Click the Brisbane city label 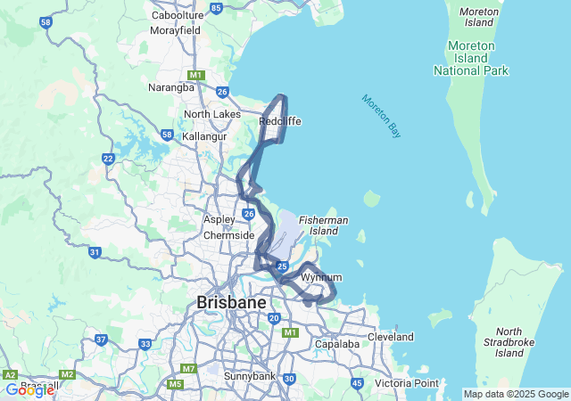point(231,303)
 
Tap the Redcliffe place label point(279,121)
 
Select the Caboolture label point(178,15)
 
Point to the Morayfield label point(175,29)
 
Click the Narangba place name point(171,87)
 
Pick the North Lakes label point(211,114)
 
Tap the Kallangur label point(205,136)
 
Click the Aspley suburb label point(219,219)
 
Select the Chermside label point(229,235)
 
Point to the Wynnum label point(321,277)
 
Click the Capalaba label point(336,344)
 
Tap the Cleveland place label point(390,337)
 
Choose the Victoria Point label point(406,383)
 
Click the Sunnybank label point(251,376)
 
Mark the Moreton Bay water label point(382,116)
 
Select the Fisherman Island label point(324,225)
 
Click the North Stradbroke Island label point(509,342)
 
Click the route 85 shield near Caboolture point(217,8)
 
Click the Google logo point(29,389)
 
